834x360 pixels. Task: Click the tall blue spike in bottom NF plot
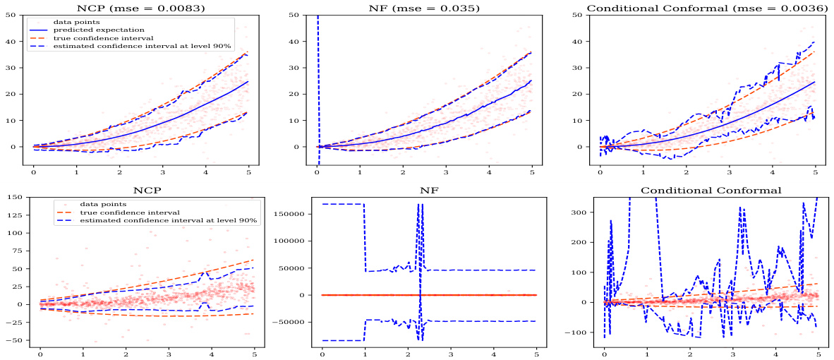(x=420, y=212)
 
